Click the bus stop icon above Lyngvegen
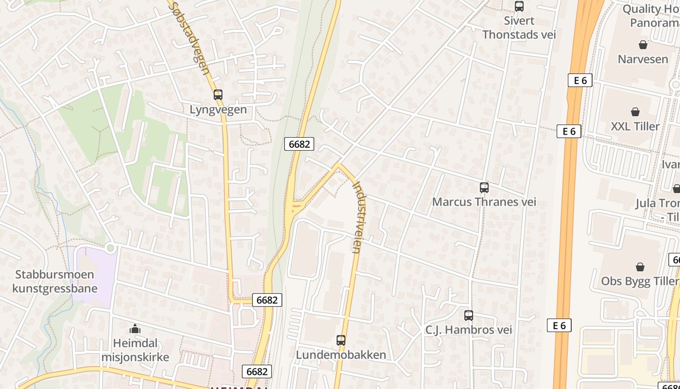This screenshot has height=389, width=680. [x=218, y=95]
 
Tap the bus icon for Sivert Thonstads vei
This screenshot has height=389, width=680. [x=519, y=6]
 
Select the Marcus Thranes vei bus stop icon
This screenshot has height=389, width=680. [x=484, y=188]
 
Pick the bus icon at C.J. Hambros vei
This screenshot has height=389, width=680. [x=469, y=316]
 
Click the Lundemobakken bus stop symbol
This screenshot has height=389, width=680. [x=341, y=340]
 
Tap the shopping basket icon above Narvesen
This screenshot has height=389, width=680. [x=643, y=45]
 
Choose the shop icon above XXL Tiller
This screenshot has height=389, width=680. [x=635, y=112]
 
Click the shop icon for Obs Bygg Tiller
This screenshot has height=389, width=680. [x=640, y=267]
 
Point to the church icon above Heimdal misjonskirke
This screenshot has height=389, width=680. [x=135, y=329]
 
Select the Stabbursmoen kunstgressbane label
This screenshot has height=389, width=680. [x=54, y=282]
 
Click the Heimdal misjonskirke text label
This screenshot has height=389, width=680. [x=135, y=350]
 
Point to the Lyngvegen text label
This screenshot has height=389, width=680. [x=218, y=109]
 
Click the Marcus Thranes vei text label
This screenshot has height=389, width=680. [x=484, y=202]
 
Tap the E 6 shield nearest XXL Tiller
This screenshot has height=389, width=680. [x=569, y=131]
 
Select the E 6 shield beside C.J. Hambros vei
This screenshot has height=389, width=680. [x=559, y=325]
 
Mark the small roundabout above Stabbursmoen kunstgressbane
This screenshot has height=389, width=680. [x=111, y=248]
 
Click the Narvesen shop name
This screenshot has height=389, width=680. [x=643, y=59]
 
